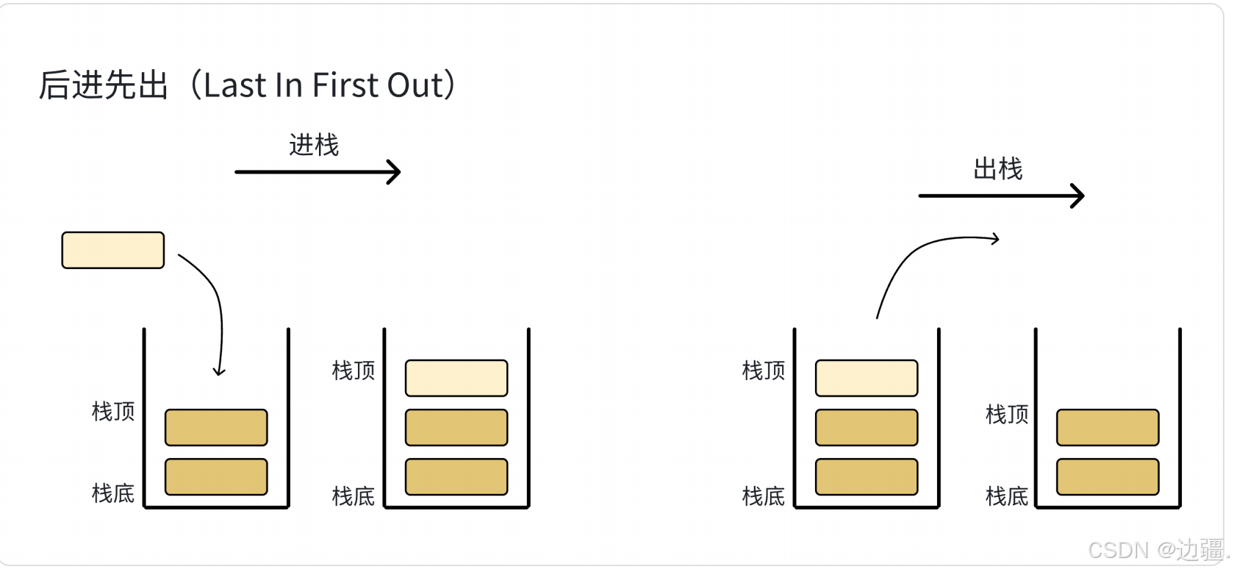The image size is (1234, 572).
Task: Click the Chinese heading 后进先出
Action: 103,85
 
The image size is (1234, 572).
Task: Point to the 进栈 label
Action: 314,145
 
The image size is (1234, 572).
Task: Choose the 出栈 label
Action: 997,168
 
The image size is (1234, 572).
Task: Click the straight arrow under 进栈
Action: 318,172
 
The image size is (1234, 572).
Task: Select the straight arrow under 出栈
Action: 1002,196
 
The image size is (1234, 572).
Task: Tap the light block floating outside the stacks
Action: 113,250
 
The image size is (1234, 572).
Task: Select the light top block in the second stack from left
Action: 456,378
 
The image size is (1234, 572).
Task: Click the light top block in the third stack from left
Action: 867,378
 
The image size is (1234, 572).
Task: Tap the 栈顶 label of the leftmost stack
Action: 113,412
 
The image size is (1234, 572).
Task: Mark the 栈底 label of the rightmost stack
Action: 1006,496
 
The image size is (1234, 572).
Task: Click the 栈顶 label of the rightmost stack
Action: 1006,415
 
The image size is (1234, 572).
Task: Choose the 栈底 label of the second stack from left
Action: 353,496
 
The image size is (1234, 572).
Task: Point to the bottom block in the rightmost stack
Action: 1108,476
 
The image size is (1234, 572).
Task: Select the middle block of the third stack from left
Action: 867,427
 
